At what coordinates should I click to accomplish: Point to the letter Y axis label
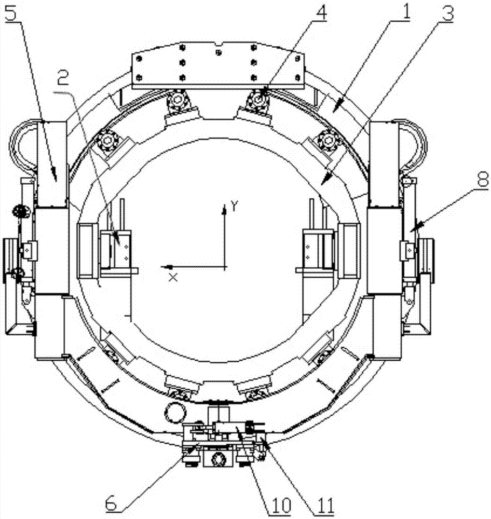(235, 207)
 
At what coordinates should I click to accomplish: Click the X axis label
(173, 277)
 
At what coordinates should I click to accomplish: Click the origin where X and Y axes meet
(225, 267)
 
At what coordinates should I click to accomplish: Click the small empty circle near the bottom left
(174, 413)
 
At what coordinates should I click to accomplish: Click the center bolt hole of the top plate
(218, 52)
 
